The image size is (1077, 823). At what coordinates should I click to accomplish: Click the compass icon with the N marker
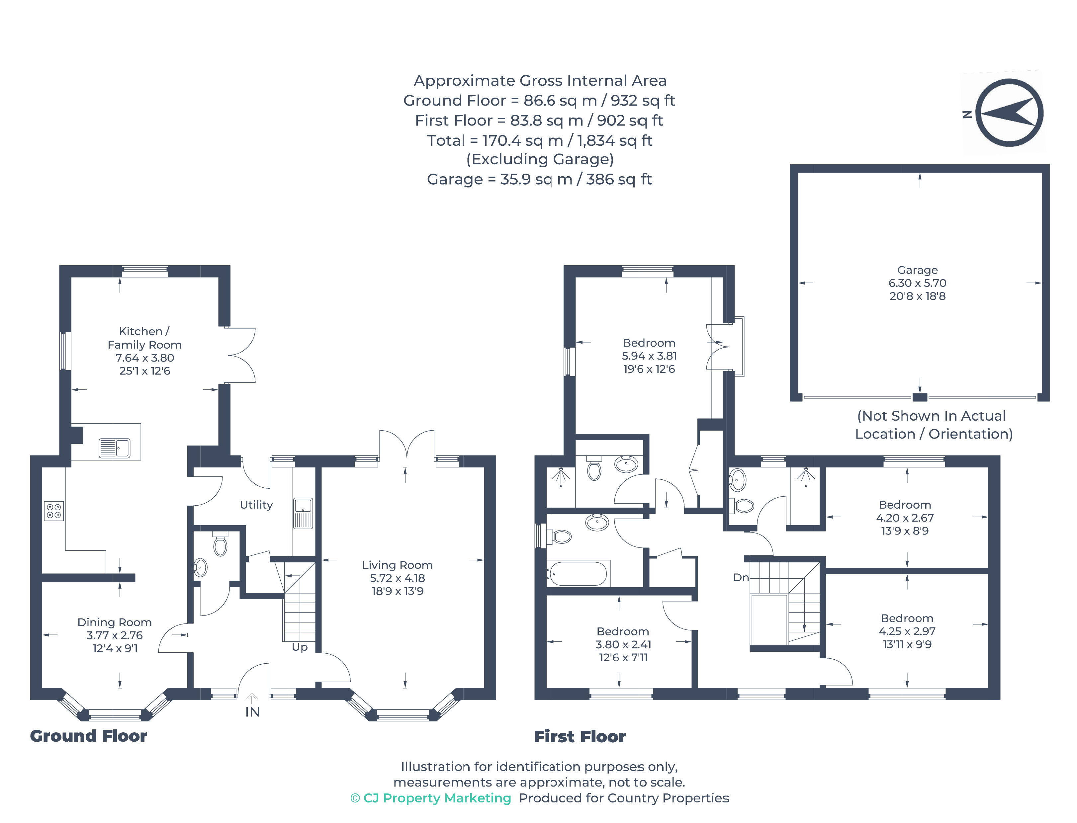point(1008,113)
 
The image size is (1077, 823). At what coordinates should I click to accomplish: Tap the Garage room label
point(917,270)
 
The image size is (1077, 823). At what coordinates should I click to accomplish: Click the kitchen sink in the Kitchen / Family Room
point(114,448)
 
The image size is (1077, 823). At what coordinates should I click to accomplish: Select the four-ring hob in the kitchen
point(53,511)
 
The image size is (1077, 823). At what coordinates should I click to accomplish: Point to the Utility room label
point(256,505)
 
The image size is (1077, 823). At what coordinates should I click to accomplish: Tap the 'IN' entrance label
point(252,712)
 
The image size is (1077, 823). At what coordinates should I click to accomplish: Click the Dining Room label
point(114,622)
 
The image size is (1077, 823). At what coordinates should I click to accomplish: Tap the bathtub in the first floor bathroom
point(578,573)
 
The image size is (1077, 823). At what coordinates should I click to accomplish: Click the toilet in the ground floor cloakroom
point(221,545)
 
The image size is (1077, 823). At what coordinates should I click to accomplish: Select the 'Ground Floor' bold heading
point(88,736)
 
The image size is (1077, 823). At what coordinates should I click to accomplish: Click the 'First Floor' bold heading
point(579,736)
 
